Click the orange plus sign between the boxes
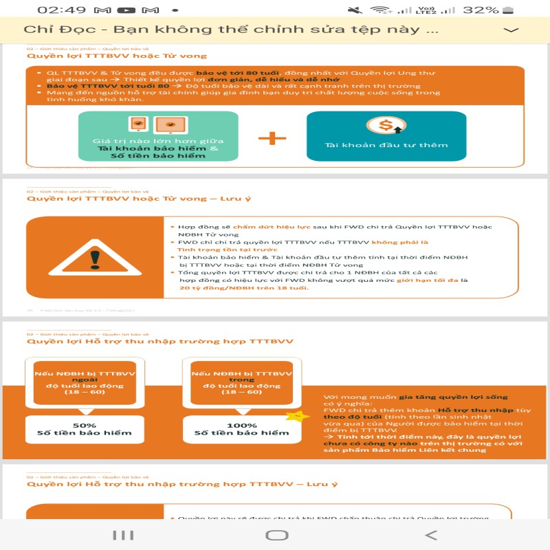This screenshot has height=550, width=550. point(272,138)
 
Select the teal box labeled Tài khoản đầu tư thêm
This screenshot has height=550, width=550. point(386,137)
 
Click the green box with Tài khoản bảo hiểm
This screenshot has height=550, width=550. point(158,137)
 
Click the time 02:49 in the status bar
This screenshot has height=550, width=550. point(61,10)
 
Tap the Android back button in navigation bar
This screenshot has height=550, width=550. point(431,535)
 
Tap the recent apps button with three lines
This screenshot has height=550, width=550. point(122,535)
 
